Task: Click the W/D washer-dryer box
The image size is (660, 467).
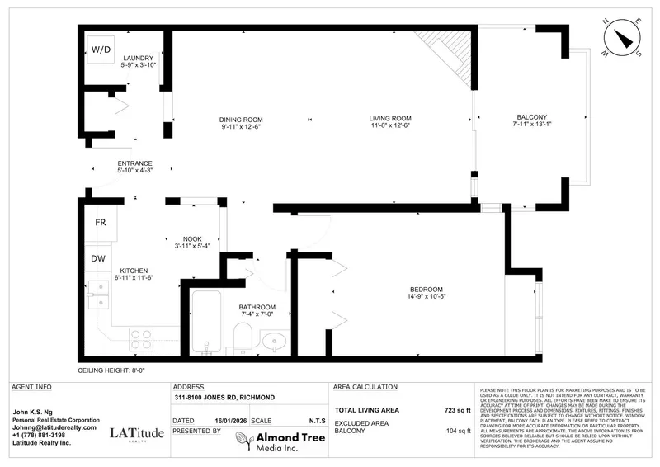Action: tap(101, 50)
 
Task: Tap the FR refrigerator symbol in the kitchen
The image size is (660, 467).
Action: tap(100, 223)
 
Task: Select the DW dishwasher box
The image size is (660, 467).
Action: tap(98, 258)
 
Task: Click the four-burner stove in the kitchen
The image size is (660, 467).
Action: tap(140, 338)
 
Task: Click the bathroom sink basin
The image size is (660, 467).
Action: tap(274, 339)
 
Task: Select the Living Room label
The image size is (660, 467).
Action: tap(389, 119)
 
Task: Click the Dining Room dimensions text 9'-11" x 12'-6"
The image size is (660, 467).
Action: tap(241, 126)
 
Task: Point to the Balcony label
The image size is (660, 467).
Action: tap(530, 119)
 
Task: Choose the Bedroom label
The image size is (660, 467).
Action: tap(427, 289)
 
